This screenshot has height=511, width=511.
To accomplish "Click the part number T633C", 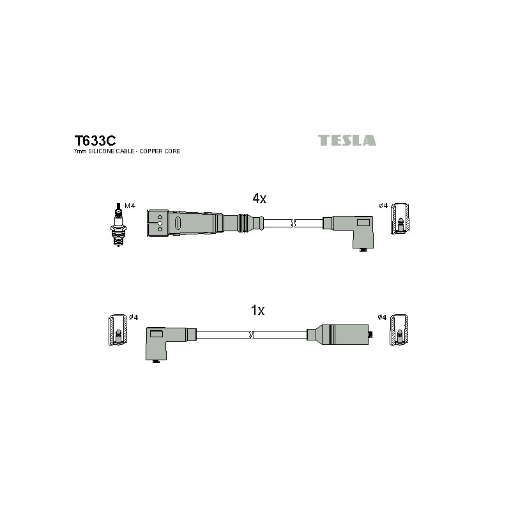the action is (95, 141).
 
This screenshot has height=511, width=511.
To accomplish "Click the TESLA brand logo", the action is (347, 140).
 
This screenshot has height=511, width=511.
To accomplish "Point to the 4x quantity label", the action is (259, 198).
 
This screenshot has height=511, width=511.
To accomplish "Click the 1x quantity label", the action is (257, 310).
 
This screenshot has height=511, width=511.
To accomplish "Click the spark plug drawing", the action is (118, 225).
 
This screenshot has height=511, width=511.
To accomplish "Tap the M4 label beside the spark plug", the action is (130, 206).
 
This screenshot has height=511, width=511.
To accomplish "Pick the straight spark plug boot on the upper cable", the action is (205, 223).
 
